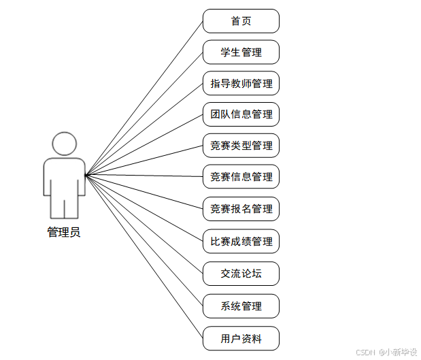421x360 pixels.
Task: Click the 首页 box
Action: click(x=241, y=21)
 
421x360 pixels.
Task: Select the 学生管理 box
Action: click(x=241, y=52)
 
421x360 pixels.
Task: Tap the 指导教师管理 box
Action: click(x=241, y=84)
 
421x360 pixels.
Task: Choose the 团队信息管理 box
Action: click(x=241, y=114)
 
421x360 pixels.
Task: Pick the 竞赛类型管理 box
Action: click(x=241, y=146)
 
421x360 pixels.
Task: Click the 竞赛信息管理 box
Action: click(x=241, y=177)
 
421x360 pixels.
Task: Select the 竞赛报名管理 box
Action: click(x=241, y=209)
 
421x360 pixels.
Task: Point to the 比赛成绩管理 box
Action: click(x=241, y=242)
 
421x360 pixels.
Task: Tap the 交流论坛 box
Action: click(x=241, y=274)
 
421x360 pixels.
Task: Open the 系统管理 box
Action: click(x=241, y=306)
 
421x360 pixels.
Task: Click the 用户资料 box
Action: click(x=241, y=338)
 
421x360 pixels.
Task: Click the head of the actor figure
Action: click(x=64, y=144)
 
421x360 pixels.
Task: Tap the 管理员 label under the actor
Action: click(x=64, y=233)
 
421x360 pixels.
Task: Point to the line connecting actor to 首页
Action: click(x=144, y=98)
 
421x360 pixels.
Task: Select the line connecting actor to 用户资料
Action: click(x=144, y=257)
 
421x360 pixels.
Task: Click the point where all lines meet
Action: click(x=86, y=176)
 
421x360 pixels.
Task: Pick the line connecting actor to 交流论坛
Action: click(x=144, y=225)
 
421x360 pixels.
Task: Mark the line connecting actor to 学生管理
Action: click(x=144, y=114)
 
